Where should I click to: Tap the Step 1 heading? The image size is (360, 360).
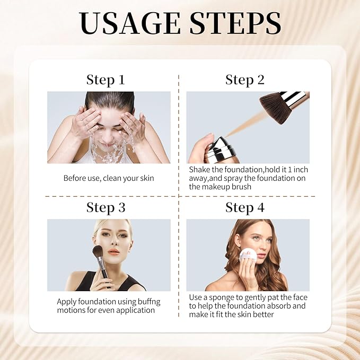106,80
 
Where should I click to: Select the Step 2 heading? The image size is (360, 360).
244,80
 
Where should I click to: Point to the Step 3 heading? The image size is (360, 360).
106,207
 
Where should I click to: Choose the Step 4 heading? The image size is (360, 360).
244,207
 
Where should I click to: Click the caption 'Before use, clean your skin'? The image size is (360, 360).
109,178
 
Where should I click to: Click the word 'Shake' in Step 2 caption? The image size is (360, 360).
200,170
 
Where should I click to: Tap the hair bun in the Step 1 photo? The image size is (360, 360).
109,99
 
